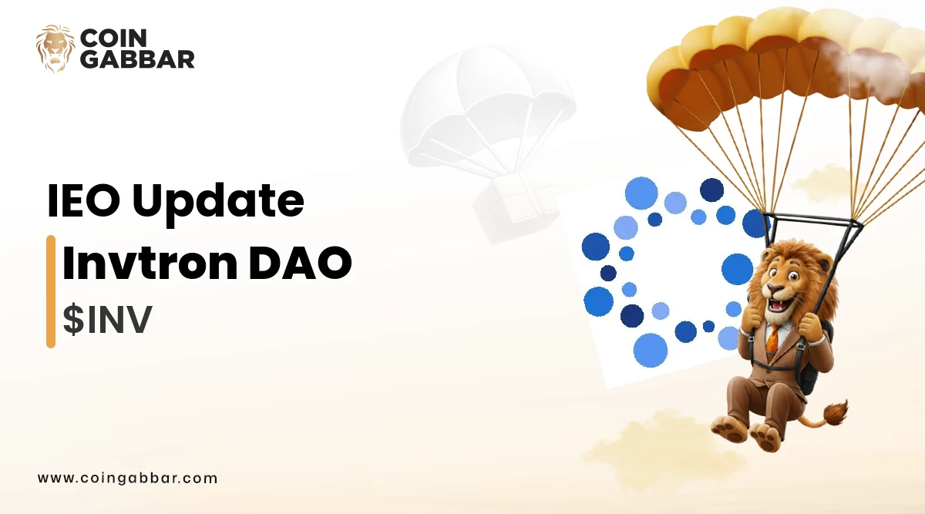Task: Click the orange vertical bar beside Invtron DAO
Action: pyautogui.click(x=51, y=291)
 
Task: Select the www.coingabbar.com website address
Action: pyautogui.click(x=127, y=478)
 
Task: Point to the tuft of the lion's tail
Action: pyautogui.click(x=834, y=412)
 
